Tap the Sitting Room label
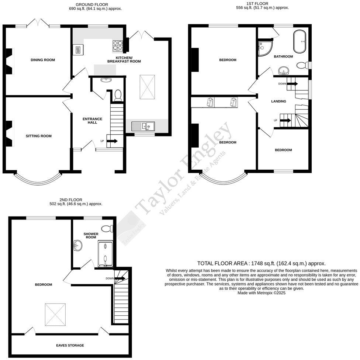pyautogui.click(x=39, y=136)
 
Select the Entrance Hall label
pyautogui.click(x=92, y=120)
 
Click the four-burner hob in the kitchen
pyautogui.click(x=118, y=45)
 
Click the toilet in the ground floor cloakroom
pyautogui.click(x=118, y=95)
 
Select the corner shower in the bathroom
pyautogui.click(x=264, y=48)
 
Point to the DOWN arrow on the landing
pyautogui.click(x=292, y=84)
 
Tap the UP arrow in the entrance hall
pyautogui.click(x=112, y=141)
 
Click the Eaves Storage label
pyautogui.click(x=70, y=346)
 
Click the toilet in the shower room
pyautogui.click(x=107, y=228)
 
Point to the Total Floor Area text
pyautogui.click(x=261, y=263)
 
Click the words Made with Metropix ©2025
pyautogui.click(x=261, y=293)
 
